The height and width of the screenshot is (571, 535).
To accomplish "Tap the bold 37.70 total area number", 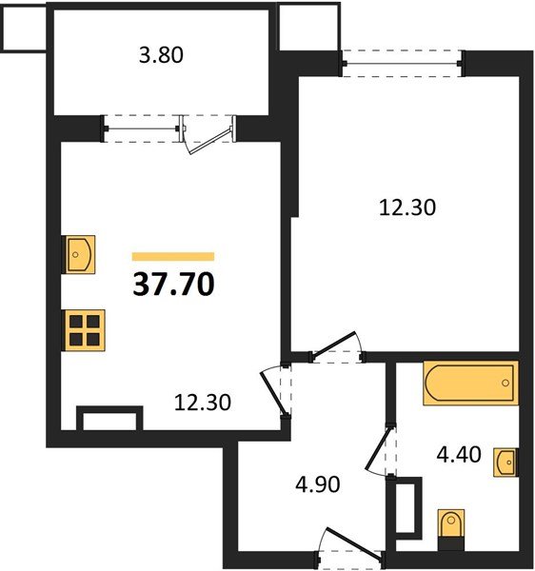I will pos(172,283).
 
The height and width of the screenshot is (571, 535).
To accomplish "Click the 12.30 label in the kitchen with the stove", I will pos(203,403).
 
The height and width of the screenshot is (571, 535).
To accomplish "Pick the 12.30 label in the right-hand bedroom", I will pos(406,207).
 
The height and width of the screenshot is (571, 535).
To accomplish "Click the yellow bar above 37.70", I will pos(172,256).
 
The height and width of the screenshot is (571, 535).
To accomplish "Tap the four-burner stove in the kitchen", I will pos(84,331).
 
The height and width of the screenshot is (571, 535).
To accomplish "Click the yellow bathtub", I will pos(470,384).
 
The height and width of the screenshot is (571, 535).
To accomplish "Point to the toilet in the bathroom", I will pos(451,526).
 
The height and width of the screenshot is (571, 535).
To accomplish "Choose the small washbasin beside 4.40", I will pos(507,463).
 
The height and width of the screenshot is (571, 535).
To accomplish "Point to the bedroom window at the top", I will pos(402,64).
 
